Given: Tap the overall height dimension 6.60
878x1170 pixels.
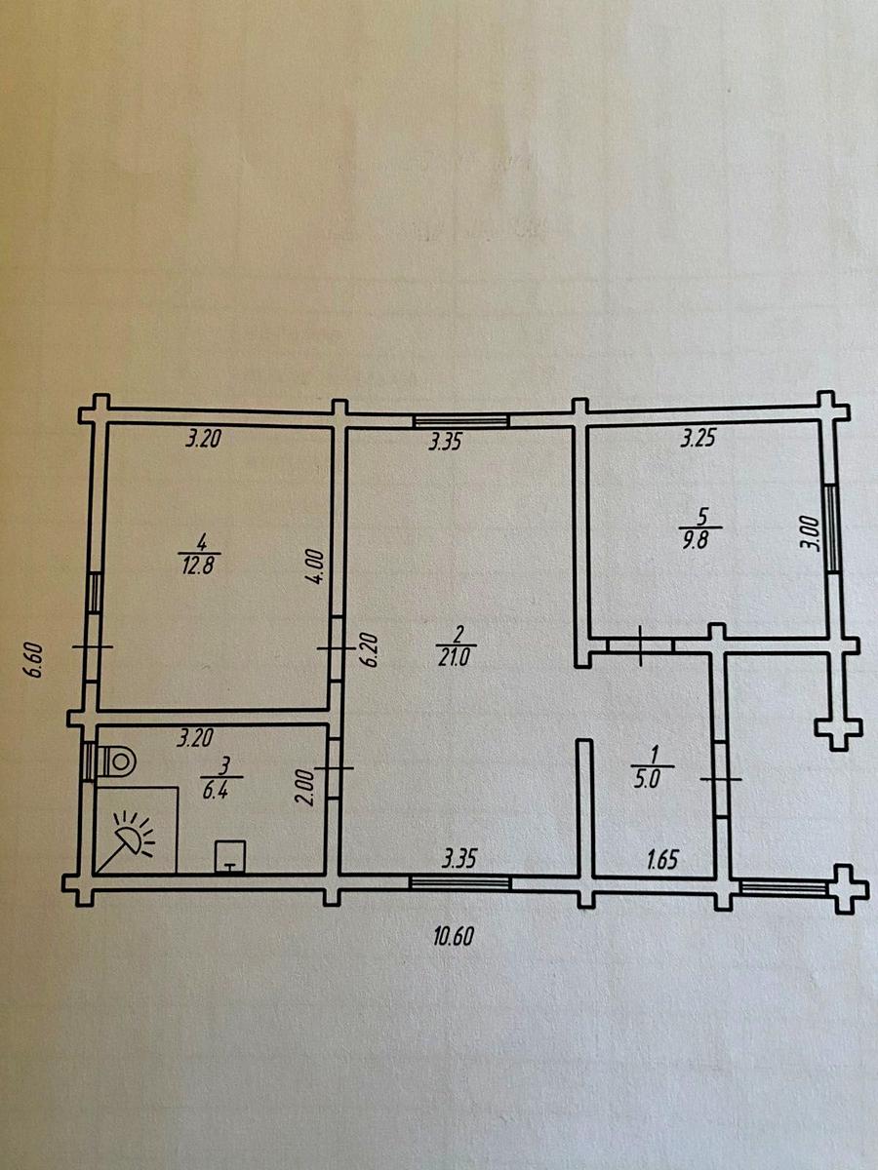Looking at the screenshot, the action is tap(35, 660).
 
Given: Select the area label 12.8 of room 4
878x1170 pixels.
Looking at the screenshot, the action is tap(198, 565).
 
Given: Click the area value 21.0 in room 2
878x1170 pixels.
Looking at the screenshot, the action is tap(455, 658).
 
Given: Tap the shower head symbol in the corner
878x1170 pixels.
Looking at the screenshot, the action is tap(130, 845).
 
